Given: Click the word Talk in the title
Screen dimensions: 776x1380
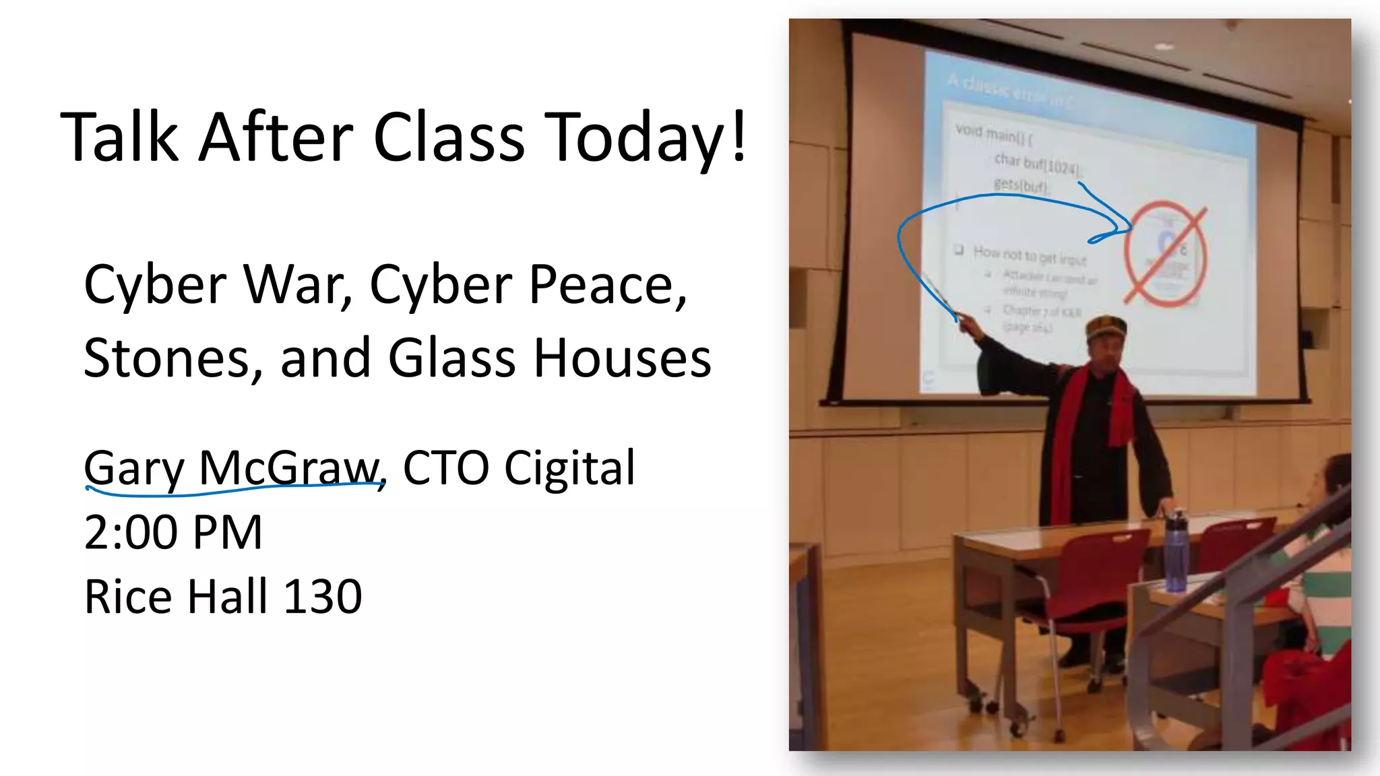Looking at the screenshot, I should [x=120, y=137].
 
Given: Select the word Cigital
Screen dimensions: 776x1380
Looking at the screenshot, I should [x=569, y=468].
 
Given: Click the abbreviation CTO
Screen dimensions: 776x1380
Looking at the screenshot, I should [x=445, y=468].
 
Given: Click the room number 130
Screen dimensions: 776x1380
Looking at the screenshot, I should [x=322, y=597].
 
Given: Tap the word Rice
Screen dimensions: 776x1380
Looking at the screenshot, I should [x=128, y=597].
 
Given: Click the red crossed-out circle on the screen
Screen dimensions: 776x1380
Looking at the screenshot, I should [x=1165, y=255].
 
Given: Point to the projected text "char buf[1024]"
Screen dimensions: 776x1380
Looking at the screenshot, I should [x=1037, y=163].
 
